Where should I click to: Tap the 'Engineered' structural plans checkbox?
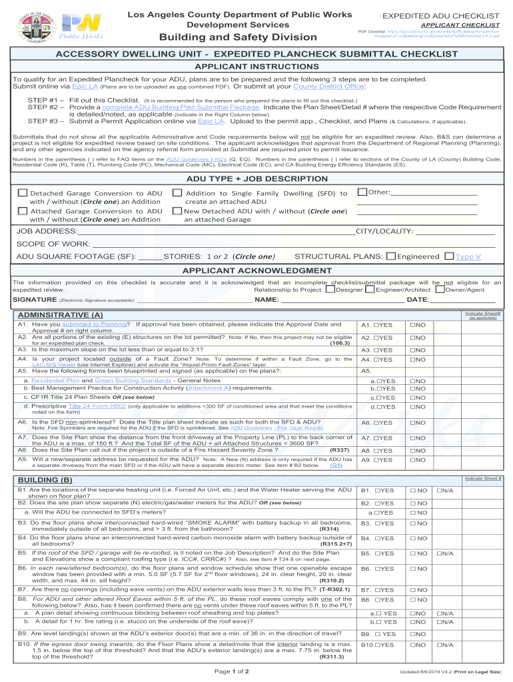click(x=392, y=256)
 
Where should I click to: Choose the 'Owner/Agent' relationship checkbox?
click(x=440, y=289)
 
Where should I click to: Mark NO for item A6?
click(x=413, y=423)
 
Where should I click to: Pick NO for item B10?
click(x=413, y=645)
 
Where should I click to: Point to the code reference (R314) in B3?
click(x=340, y=529)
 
